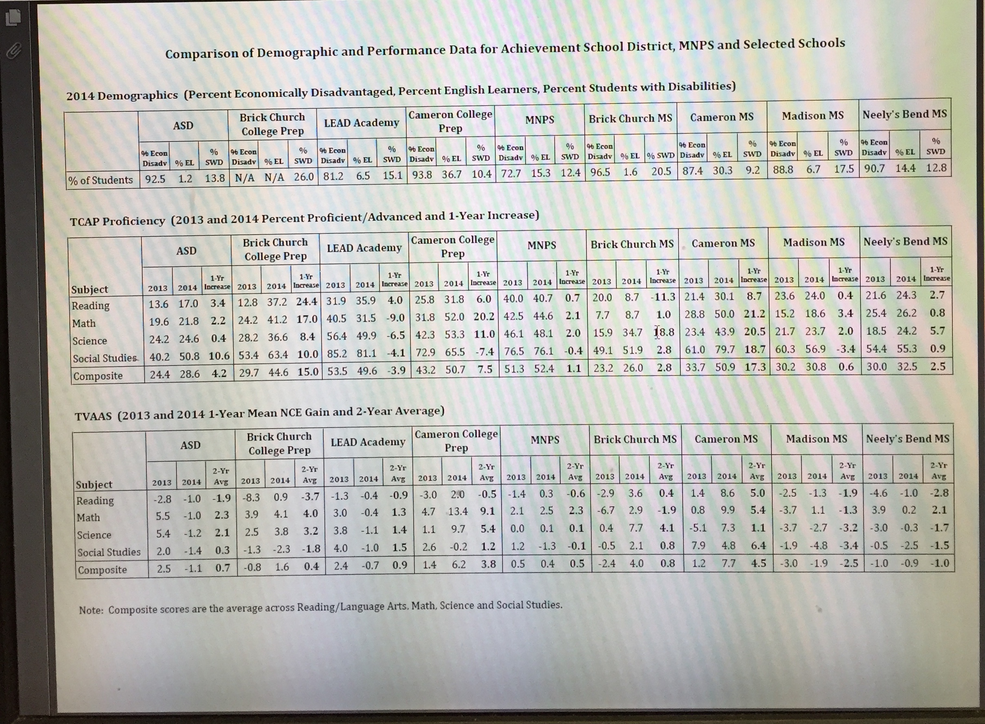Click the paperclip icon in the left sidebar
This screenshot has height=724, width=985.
coord(13,51)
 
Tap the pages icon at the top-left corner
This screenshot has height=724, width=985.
coord(13,18)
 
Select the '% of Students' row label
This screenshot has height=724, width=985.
coord(100,180)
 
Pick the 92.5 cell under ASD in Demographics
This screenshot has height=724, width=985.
coord(155,179)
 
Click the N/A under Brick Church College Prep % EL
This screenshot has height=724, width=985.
coord(274,177)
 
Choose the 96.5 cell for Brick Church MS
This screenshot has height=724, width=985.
coord(600,172)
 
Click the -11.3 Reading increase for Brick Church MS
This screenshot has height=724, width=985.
coord(663,297)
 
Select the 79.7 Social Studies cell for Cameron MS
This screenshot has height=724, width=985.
coord(725,349)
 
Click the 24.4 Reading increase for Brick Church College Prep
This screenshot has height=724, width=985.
coord(306,302)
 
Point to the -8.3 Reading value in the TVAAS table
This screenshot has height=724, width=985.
coord(251,497)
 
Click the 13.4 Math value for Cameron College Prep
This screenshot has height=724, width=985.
coord(458,511)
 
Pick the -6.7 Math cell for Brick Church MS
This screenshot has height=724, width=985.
coord(606,510)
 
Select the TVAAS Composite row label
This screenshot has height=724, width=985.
coord(102,570)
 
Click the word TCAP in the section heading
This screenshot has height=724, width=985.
coord(85,222)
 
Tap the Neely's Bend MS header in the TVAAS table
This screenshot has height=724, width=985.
coord(908,439)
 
